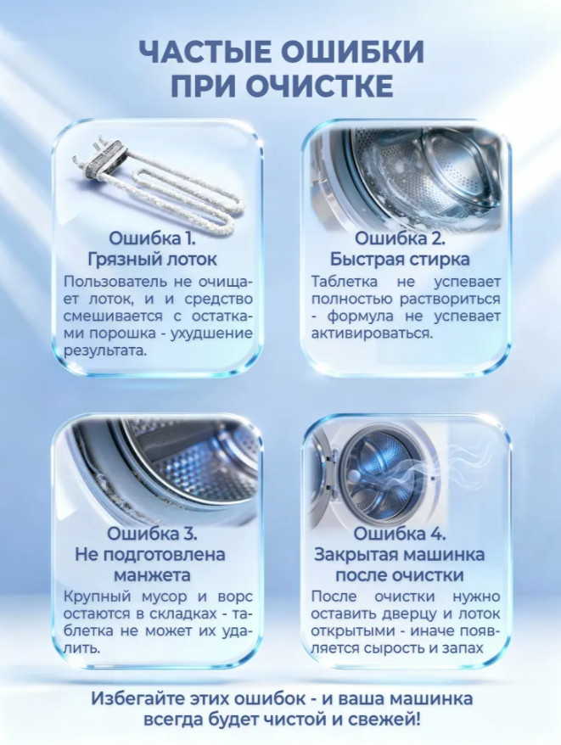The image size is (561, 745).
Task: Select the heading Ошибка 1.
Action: (x=152, y=238)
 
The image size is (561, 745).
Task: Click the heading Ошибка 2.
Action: (x=401, y=238)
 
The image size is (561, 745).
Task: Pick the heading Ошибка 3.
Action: (x=152, y=534)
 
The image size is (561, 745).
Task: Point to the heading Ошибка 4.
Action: (x=400, y=534)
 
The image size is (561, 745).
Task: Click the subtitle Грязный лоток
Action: (x=152, y=260)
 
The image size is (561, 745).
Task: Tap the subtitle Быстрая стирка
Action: (x=400, y=260)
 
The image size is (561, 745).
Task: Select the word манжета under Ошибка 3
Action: (x=152, y=575)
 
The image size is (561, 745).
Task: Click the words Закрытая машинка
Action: (x=400, y=554)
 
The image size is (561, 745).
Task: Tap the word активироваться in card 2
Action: (x=373, y=333)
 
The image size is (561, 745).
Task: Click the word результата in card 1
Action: (x=105, y=351)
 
